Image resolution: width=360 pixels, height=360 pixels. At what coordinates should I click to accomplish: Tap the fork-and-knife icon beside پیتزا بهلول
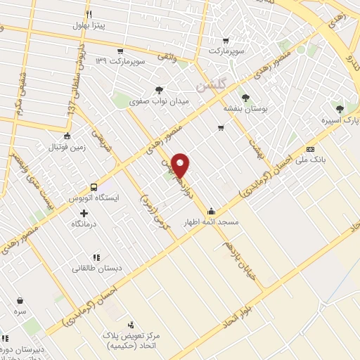pyautogui.click(x=89, y=14)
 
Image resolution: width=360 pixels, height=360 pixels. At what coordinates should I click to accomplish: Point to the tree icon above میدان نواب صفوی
pyautogui.click(x=160, y=90)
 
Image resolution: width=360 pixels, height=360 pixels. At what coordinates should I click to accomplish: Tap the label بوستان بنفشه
pyautogui.click(x=243, y=109)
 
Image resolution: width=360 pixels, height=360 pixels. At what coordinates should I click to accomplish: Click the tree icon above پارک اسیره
pyautogui.click(x=340, y=108)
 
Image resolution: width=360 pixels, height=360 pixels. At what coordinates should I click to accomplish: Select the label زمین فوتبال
pyautogui.click(x=65, y=148)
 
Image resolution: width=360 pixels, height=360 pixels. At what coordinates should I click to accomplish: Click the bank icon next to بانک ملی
pyautogui.click(x=310, y=149)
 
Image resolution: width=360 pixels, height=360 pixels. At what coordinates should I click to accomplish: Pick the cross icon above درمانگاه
pyautogui.click(x=84, y=212)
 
